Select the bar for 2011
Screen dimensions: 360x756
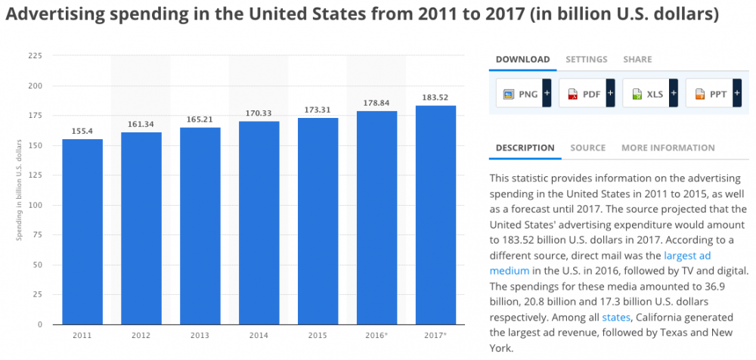tap(82, 231)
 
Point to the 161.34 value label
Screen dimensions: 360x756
tap(141, 124)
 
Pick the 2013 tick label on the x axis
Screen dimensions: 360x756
tap(200, 334)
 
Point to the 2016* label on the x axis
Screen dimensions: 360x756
tap(376, 334)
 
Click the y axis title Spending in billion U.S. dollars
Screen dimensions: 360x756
tap(17, 196)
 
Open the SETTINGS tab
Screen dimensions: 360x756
tap(586, 59)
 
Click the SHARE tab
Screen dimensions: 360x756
tap(637, 59)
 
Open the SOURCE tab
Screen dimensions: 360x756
tap(587, 148)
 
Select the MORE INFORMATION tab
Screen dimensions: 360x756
tap(668, 148)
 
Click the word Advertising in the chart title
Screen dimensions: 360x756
tap(57, 15)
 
